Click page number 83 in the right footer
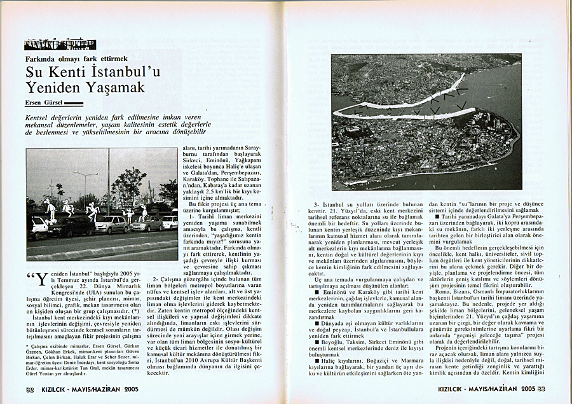[541, 388]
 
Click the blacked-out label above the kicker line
[60, 45]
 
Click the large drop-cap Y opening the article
[41, 281]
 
